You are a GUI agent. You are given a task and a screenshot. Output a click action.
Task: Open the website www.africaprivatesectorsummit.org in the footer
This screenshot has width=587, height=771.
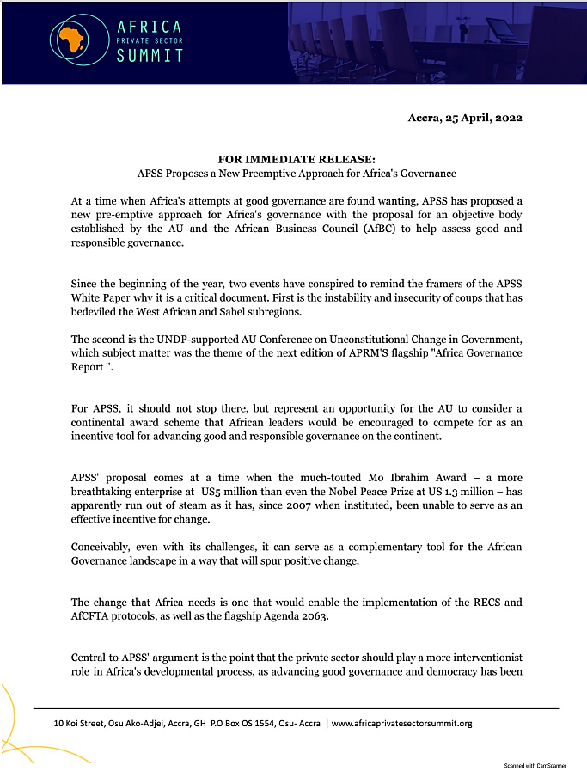(401, 723)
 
